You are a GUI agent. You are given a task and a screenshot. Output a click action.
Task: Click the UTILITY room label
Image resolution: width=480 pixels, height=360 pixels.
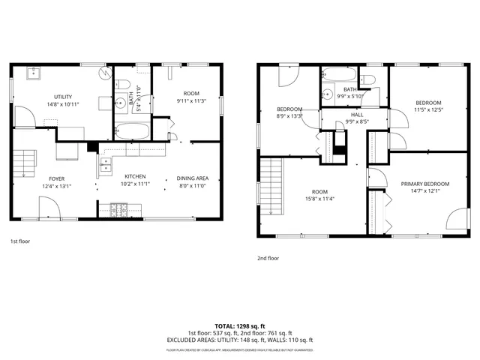[62, 97]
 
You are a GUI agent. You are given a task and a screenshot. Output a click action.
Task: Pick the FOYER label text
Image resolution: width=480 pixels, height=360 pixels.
[51, 178]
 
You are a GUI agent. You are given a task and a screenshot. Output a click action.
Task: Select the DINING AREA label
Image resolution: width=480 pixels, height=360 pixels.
[193, 178]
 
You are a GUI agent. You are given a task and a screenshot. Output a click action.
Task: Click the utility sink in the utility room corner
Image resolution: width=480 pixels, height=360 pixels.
[34, 73]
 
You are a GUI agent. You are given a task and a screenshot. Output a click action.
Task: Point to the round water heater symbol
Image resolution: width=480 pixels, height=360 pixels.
[106, 74]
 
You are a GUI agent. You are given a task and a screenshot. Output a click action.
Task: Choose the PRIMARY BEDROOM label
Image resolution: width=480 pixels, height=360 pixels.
[424, 184]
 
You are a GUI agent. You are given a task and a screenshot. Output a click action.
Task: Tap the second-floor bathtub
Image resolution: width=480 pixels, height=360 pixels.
[338, 74]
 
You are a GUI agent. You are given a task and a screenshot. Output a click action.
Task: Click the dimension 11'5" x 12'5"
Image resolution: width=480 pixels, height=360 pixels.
[428, 110]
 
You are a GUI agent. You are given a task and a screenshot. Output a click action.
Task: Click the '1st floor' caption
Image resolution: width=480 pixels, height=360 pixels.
[21, 242]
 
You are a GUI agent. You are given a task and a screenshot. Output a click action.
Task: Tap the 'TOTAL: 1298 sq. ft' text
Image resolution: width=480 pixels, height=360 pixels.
[239, 326]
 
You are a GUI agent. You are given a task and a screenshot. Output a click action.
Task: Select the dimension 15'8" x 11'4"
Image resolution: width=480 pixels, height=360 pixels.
[320, 199]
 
